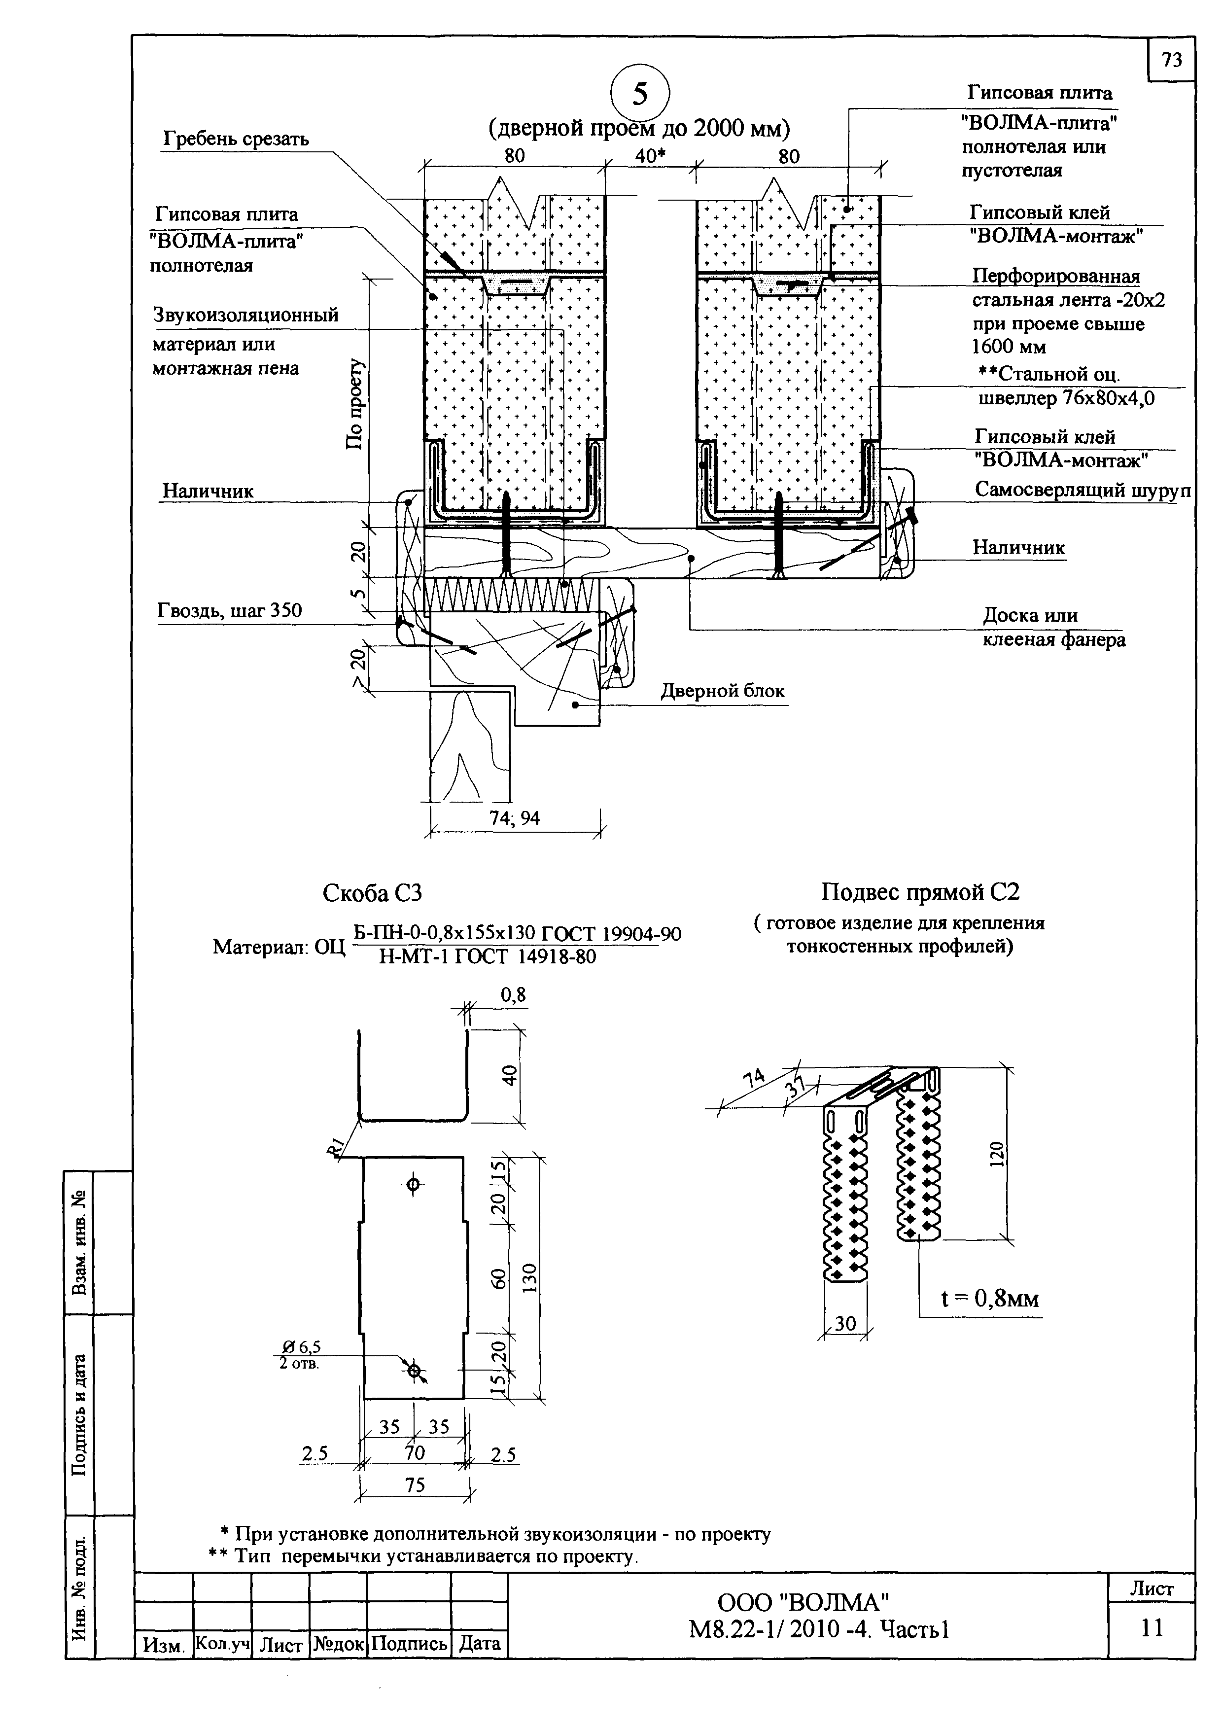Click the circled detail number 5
[639, 94]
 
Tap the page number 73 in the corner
[1172, 60]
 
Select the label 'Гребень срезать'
[236, 140]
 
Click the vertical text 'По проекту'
[355, 404]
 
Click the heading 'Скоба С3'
[372, 893]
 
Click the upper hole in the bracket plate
[413, 1185]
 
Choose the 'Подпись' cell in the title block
[409, 1643]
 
